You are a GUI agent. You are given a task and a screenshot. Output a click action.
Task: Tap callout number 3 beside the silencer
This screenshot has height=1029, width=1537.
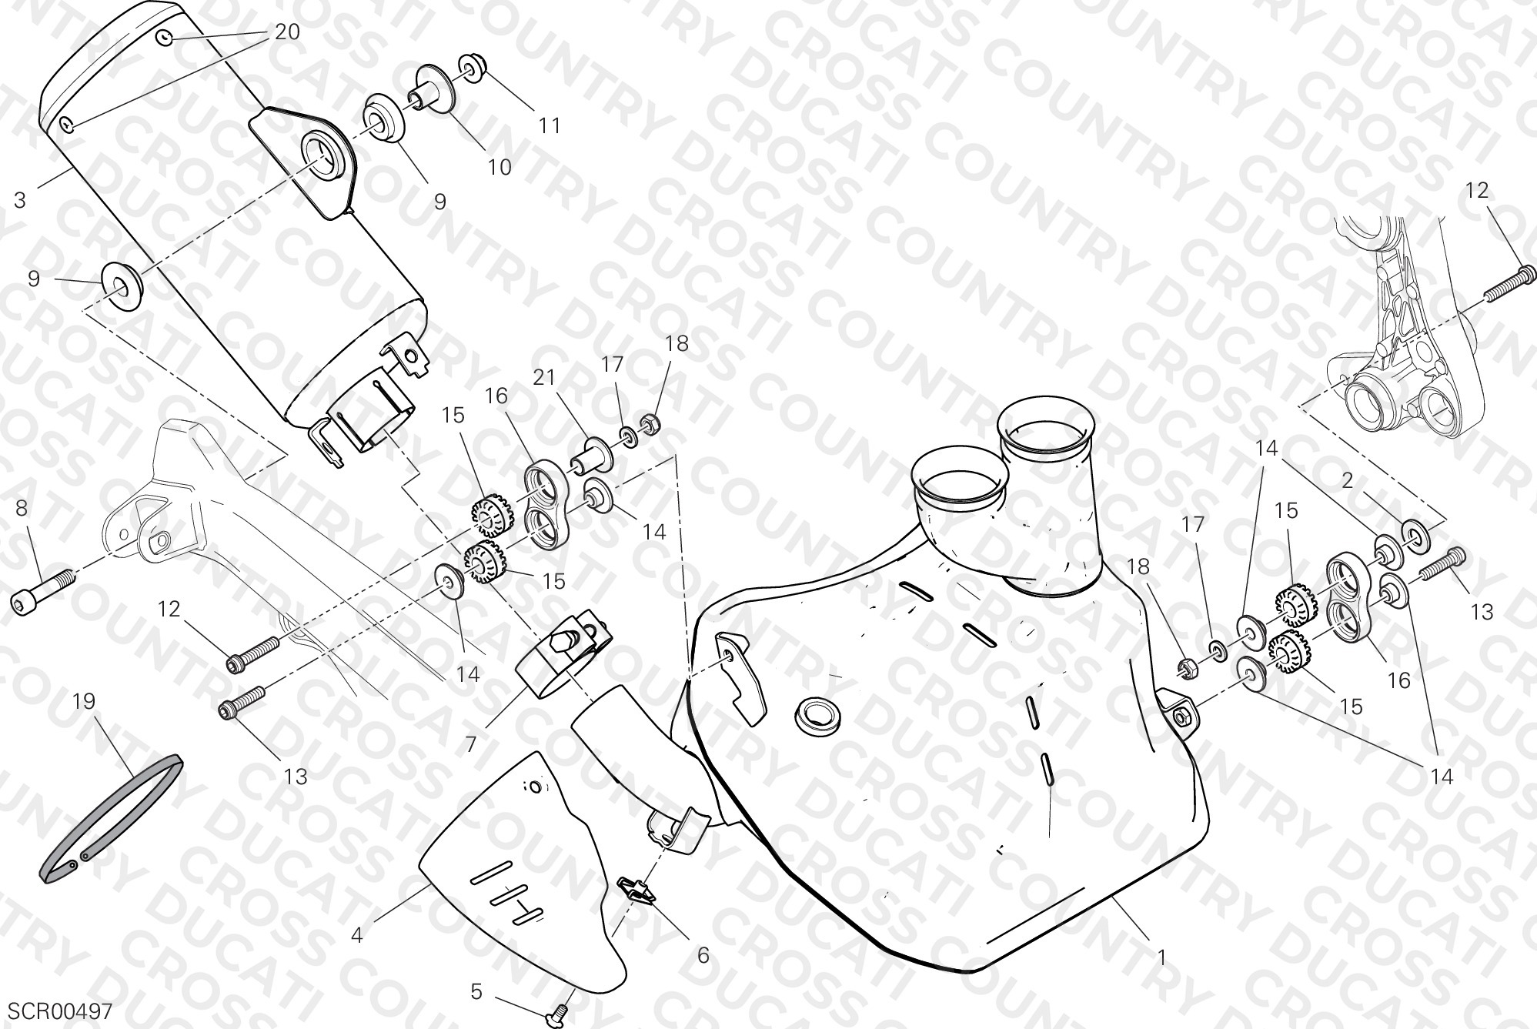20,201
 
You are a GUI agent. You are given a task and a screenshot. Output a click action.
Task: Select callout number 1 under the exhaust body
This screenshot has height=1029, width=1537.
1161,959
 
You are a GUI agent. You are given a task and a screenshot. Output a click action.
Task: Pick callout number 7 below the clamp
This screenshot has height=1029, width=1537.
470,744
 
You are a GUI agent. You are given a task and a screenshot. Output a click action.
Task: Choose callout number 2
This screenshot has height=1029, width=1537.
1347,482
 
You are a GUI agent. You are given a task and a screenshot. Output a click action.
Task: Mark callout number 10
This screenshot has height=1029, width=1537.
500,167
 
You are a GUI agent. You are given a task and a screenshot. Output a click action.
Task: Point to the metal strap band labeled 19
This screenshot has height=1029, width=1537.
110,818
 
